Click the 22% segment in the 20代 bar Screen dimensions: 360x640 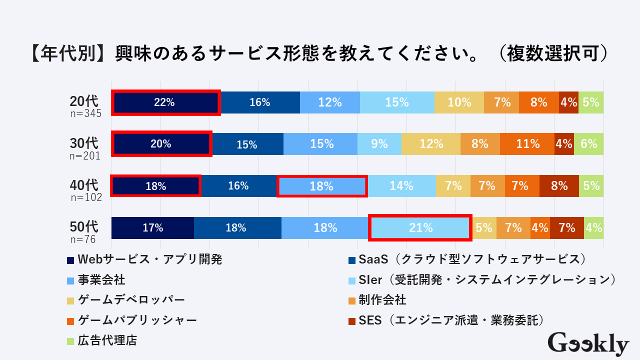[165, 102]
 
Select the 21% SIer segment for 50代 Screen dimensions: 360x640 [420, 228]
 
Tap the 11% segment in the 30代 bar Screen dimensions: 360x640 [527, 144]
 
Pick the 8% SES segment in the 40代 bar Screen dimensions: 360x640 [559, 186]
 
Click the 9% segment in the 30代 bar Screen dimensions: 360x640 [379, 144]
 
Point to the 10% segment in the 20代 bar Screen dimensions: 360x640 [459, 102]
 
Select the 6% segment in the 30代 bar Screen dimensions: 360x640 [588, 144]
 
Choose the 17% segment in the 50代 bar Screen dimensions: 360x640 [152, 228]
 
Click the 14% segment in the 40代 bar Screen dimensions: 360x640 [401, 186]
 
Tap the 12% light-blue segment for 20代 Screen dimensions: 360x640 [330, 102]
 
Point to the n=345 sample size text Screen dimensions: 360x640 [85, 114]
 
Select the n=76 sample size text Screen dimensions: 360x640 [83, 239]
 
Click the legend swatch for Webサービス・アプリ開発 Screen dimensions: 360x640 [70, 260]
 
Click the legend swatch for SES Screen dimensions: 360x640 [352, 320]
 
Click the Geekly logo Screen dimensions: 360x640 [588, 344]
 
